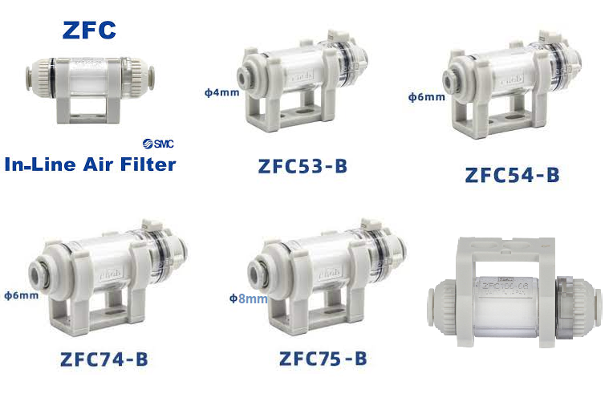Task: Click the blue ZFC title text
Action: tap(90, 30)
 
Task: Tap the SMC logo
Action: tap(159, 144)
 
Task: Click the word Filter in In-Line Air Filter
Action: tap(144, 165)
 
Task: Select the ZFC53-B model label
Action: tap(302, 166)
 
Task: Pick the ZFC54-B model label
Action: tap(510, 174)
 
